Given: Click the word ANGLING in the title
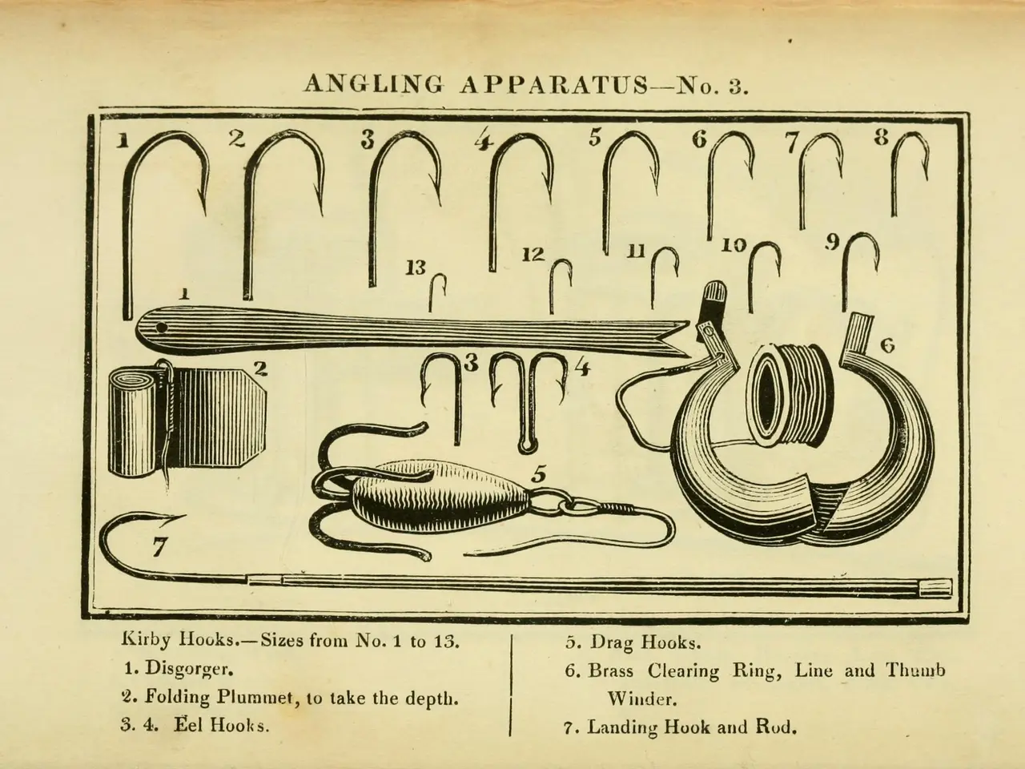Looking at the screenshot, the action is pos(373,85).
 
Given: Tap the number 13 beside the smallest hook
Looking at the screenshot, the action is pos(415,268).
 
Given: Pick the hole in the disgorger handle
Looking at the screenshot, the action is pos(162,328).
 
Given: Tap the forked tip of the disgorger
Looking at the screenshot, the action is pos(677,339).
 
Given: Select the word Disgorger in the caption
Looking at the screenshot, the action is pos(189,670).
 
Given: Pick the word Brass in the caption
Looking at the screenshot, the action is pos(610,671).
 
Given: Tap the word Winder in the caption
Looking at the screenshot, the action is pos(641,699).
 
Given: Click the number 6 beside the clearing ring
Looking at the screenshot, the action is pos(887,346).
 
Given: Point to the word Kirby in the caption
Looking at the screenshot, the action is pos(145,641).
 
